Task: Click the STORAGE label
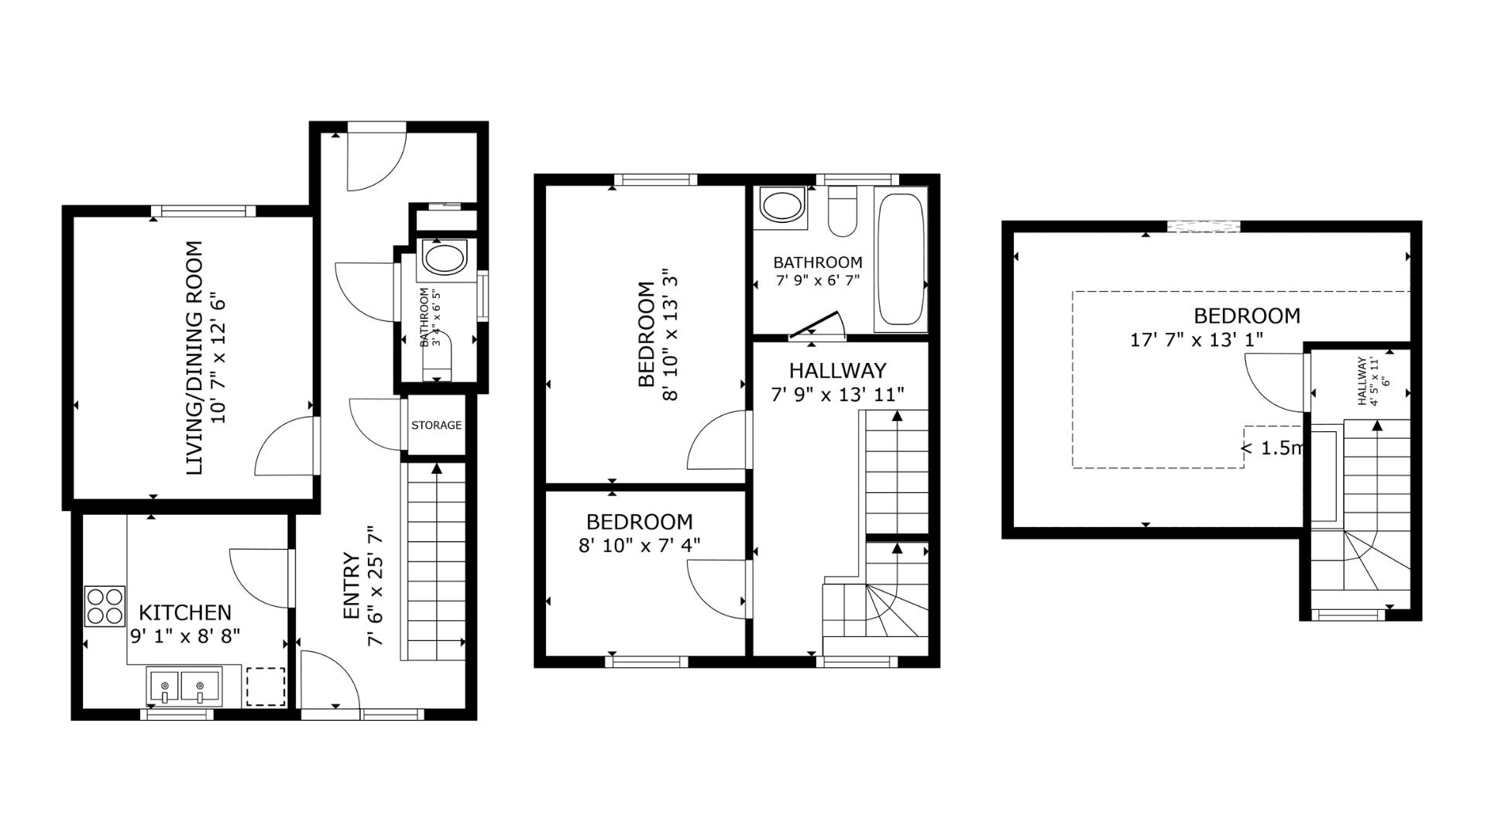point(436,425)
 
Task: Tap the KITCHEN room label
point(185,613)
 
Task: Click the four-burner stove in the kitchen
point(105,606)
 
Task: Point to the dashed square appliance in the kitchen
point(266,687)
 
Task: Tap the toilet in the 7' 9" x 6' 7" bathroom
point(841,211)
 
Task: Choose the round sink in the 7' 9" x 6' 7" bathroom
point(783,207)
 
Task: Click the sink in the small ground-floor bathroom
point(444,259)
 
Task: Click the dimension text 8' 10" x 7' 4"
point(640,545)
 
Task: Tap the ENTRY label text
point(350,586)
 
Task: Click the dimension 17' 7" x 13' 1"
point(1197,339)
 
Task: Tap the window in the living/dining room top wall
point(204,211)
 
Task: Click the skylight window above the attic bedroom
point(1204,226)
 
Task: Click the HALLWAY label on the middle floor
point(838,370)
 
